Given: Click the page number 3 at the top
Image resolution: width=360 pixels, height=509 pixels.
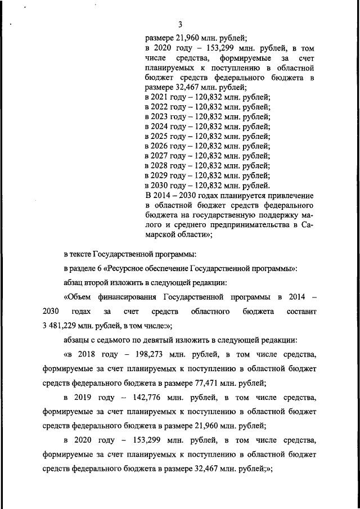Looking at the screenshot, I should [x=180, y=24].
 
